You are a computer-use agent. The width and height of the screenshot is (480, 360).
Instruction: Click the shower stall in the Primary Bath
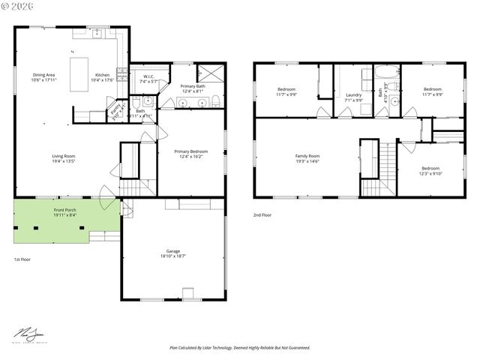pos(211,74)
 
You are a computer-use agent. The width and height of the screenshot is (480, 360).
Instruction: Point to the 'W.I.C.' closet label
pos(148,77)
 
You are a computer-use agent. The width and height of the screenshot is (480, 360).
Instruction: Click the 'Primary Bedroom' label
pos(191,153)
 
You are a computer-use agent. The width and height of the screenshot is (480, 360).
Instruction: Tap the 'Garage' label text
pos(172,253)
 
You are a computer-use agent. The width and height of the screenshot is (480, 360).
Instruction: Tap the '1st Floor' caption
pos(22,259)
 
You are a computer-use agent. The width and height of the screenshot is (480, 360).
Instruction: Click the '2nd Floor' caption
pos(262,215)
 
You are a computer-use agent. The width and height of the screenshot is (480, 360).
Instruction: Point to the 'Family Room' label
pos(307,157)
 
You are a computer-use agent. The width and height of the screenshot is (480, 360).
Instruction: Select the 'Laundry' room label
pos(354,96)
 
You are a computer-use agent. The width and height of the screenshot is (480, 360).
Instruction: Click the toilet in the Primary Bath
pos(214,102)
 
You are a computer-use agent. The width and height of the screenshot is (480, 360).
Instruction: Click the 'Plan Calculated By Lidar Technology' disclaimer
pos(240,348)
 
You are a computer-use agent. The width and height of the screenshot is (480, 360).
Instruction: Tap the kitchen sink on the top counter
pos(97,33)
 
